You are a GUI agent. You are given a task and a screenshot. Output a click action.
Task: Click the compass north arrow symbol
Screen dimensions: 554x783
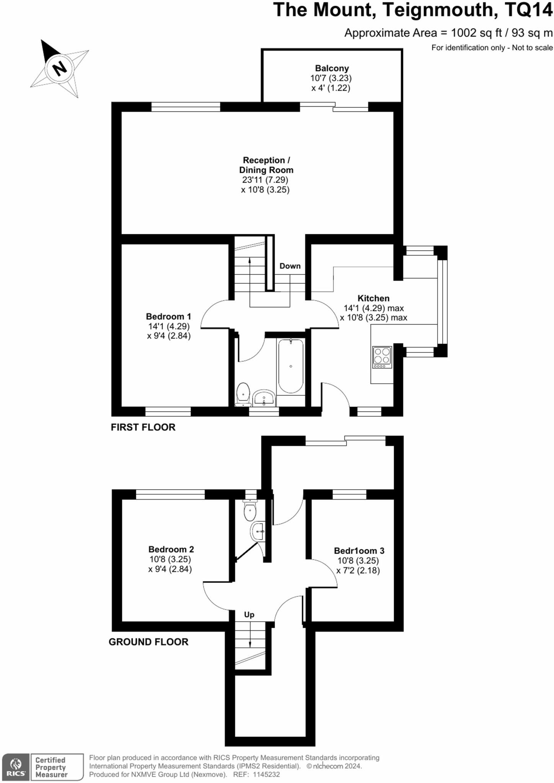[59, 68]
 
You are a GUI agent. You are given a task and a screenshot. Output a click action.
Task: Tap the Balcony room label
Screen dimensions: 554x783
[332, 68]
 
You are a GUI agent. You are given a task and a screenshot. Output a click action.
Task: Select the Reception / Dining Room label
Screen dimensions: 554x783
[266, 165]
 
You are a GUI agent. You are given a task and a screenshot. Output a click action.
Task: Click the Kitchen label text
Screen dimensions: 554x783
[373, 298]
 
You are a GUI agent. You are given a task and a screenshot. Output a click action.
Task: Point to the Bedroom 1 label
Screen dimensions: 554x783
[168, 317]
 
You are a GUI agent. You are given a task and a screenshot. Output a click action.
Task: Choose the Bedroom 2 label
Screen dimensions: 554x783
[171, 549]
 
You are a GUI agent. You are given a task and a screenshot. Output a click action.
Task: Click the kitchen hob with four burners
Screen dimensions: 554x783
[382, 357]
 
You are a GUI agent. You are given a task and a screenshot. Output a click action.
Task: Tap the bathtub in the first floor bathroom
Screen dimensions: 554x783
[291, 366]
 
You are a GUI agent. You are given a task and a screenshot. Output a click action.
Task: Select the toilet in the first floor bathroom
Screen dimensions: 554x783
[243, 394]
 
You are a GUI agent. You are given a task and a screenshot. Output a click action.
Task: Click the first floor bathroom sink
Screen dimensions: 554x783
[264, 398]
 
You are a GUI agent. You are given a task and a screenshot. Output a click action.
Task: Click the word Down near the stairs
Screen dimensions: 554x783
[290, 266]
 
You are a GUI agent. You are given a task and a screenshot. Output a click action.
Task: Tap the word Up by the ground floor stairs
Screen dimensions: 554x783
[249, 615]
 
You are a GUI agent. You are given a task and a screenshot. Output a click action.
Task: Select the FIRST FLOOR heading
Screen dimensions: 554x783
[143, 427]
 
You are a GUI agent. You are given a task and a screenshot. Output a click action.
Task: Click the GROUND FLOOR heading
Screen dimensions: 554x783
[148, 642]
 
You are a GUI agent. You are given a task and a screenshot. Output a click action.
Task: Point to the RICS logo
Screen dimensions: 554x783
[16, 767]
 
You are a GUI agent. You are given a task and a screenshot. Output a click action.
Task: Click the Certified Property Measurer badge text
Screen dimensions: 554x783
[51, 767]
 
